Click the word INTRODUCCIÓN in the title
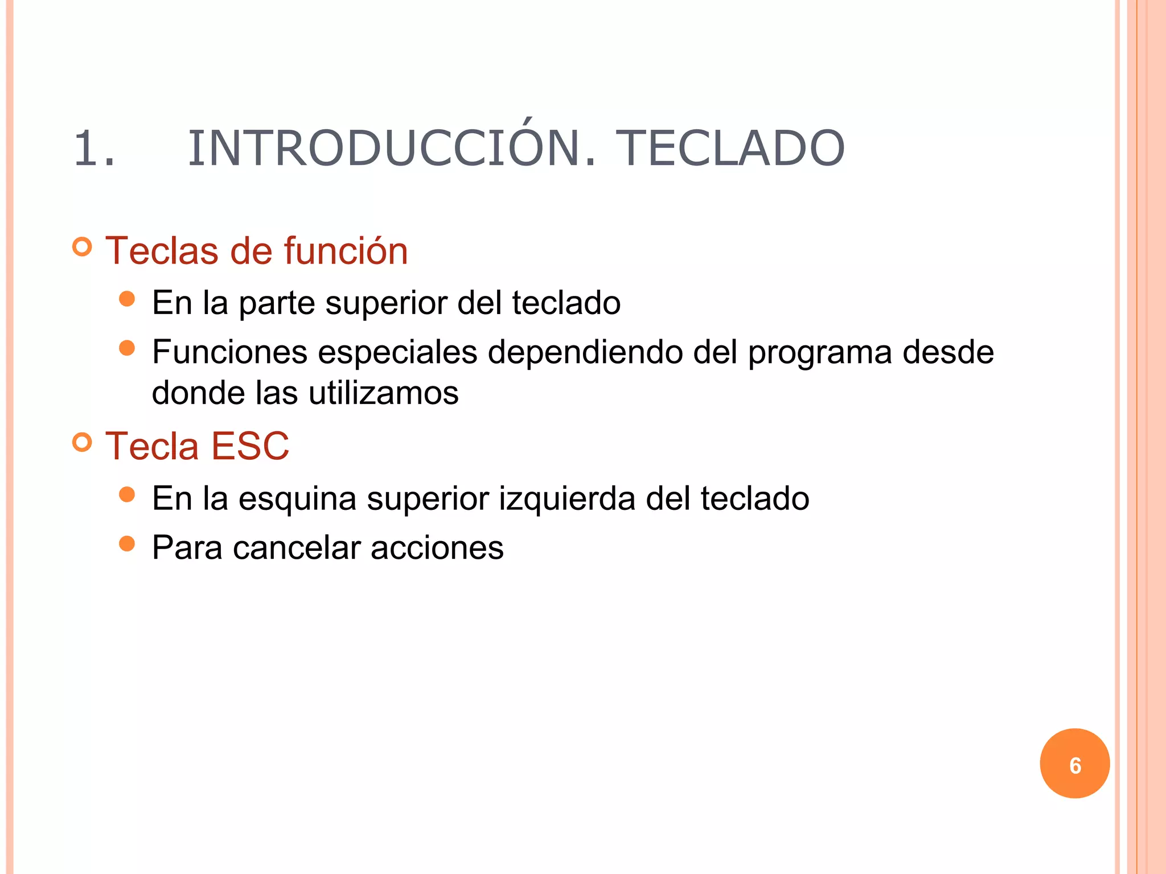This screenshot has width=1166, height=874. click(392, 149)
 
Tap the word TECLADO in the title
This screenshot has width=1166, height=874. click(730, 149)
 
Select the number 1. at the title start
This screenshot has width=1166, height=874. click(95, 149)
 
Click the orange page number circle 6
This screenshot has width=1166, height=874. click(1074, 764)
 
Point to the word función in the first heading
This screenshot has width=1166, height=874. click(346, 251)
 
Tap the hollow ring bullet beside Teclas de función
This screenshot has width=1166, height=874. click(83, 247)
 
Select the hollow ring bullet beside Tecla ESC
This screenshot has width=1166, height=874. click(83, 442)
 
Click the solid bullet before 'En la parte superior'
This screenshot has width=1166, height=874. click(127, 299)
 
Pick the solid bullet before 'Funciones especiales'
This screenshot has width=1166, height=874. click(127, 348)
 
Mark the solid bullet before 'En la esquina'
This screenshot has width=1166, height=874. click(127, 494)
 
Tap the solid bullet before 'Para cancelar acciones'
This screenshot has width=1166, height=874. click(127, 544)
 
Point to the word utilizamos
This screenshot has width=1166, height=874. click(383, 393)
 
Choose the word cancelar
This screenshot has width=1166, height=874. click(297, 548)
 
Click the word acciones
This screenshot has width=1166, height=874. click(437, 548)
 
